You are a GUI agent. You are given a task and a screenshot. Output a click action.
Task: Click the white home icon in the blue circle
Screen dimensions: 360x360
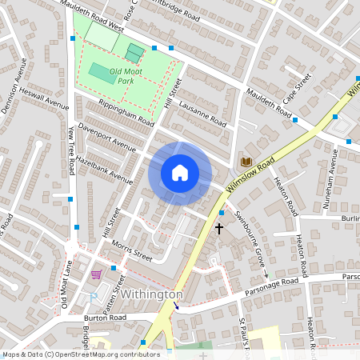(x=180, y=173)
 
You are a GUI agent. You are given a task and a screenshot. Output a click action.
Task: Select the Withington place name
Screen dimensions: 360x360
(x=152, y=294)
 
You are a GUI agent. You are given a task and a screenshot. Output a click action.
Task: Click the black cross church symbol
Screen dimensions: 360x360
(x=219, y=229)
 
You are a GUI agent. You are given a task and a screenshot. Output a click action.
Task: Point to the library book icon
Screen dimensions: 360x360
(x=246, y=162)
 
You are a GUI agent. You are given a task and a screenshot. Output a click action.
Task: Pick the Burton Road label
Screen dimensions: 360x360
(x=106, y=317)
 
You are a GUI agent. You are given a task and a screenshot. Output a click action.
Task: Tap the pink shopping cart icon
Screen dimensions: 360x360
(x=97, y=274)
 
